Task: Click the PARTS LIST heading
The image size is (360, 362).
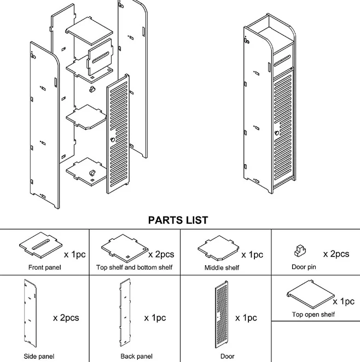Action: pyautogui.click(x=178, y=220)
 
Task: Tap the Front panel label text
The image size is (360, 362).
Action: pyautogui.click(x=44, y=267)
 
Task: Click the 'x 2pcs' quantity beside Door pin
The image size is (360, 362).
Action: pyautogui.click(x=335, y=254)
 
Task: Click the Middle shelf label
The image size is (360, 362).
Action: pyautogui.click(x=222, y=267)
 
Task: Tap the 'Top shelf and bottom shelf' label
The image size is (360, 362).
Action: pyautogui.click(x=134, y=267)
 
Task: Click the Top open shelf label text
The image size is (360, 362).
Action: pyautogui.click(x=313, y=314)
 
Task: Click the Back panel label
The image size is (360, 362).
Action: pyautogui.click(x=136, y=356)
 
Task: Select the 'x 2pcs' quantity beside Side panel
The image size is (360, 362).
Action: pyautogui.click(x=66, y=318)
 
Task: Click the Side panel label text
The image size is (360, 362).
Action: pyautogui.click(x=39, y=356)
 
